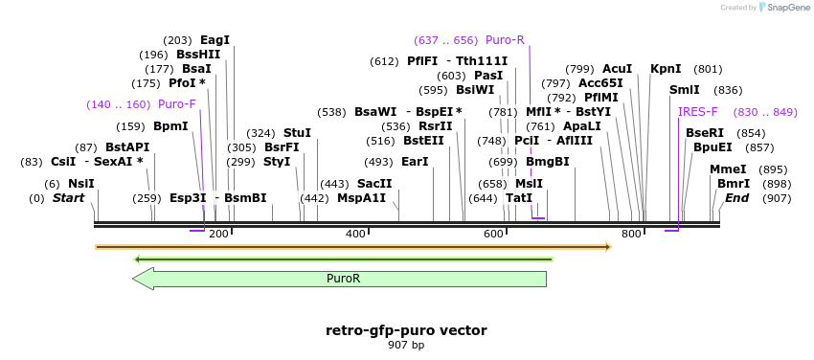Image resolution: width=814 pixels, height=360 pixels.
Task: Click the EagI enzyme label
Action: point(215,40)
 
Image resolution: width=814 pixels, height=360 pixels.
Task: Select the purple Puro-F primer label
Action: point(177,104)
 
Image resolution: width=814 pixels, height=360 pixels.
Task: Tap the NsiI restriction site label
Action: point(81,184)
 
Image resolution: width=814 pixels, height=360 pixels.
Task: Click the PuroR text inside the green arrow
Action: point(343,278)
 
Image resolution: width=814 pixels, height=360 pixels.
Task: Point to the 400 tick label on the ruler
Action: point(355,234)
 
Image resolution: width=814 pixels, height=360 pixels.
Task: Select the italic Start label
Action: point(69,197)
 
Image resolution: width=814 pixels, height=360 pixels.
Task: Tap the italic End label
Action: point(737,197)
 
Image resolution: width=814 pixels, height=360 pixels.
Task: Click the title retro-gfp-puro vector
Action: point(406,330)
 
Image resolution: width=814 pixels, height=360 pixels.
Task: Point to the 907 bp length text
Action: point(406,345)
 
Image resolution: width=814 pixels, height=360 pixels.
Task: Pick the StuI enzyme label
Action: point(298,133)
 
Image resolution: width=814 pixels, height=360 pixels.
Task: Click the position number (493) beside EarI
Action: point(378,162)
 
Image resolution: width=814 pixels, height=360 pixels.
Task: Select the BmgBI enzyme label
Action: point(548,162)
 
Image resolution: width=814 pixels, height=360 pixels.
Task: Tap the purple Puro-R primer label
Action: point(505,40)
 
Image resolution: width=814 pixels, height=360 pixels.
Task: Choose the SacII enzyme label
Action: point(374,184)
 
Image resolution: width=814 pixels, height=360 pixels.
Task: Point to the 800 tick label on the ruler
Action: point(631,234)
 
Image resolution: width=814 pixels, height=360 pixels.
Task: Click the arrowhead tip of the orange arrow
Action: point(613,247)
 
